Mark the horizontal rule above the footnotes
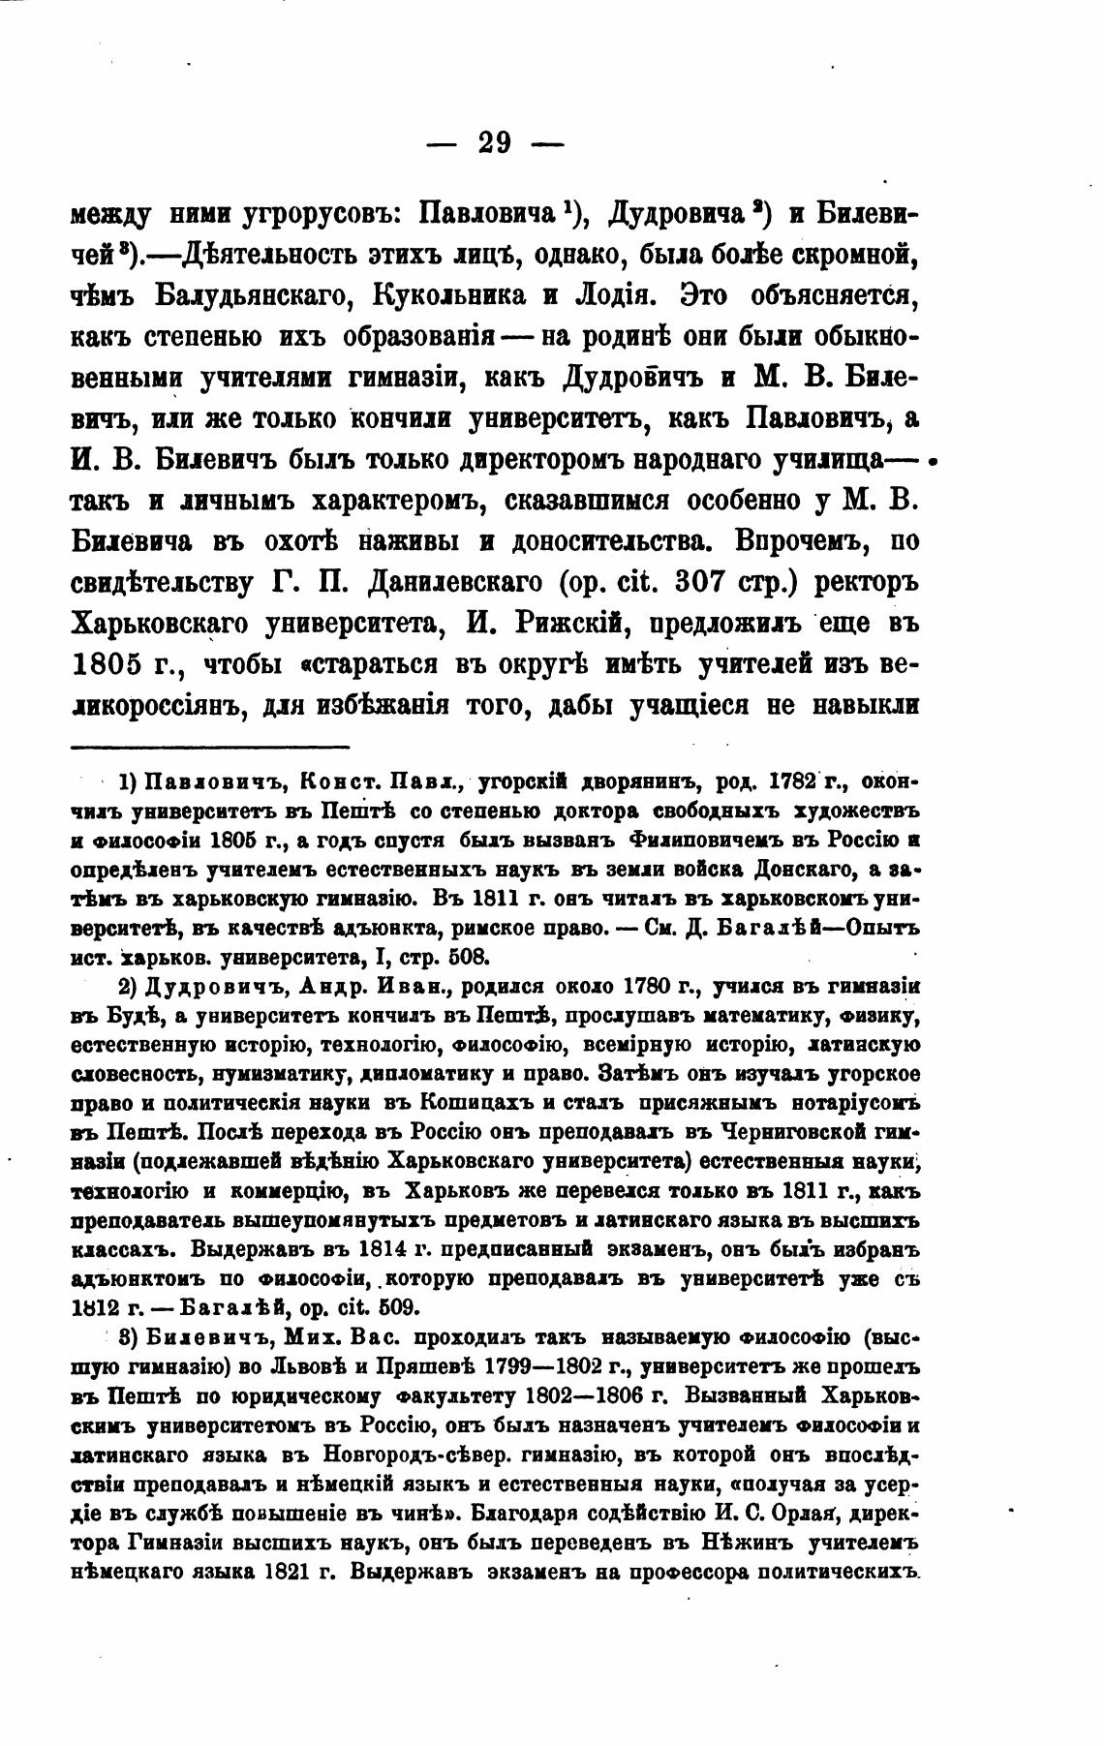pyautogui.click(x=210, y=747)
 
